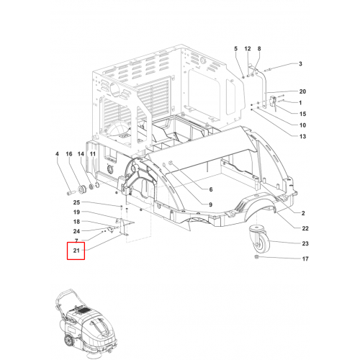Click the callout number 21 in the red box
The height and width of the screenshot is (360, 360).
pyautogui.click(x=76, y=251)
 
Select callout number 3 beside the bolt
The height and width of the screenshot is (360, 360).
pyautogui.click(x=300, y=64)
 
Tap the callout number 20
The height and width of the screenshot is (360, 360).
pyautogui.click(x=302, y=91)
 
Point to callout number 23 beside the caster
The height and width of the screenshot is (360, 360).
pyautogui.click(x=305, y=243)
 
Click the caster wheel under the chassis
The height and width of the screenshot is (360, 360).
pyautogui.click(x=260, y=238)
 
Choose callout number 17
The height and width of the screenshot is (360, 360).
pyautogui.click(x=305, y=258)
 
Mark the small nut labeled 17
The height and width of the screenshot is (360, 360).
pyautogui.click(x=256, y=257)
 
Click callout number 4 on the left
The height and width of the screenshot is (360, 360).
pyautogui.click(x=57, y=154)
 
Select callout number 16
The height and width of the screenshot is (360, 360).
pyautogui.click(x=69, y=154)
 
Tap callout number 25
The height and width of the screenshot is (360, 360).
pyautogui.click(x=76, y=202)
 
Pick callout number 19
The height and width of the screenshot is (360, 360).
pyautogui.click(x=76, y=212)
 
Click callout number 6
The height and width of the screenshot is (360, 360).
pyautogui.click(x=211, y=189)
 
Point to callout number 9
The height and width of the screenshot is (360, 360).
pyautogui.click(x=211, y=204)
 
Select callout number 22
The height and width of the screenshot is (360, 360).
pyautogui.click(x=305, y=228)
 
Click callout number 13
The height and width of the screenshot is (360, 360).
pyautogui.click(x=302, y=137)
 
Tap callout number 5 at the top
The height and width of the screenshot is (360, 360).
pyautogui.click(x=235, y=49)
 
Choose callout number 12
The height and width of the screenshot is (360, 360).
pyautogui.click(x=248, y=49)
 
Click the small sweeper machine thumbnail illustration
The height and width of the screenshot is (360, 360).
pyautogui.click(x=85, y=324)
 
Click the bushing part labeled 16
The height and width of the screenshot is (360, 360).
pyautogui.click(x=81, y=189)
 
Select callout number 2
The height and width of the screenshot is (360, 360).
pyautogui.click(x=303, y=213)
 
